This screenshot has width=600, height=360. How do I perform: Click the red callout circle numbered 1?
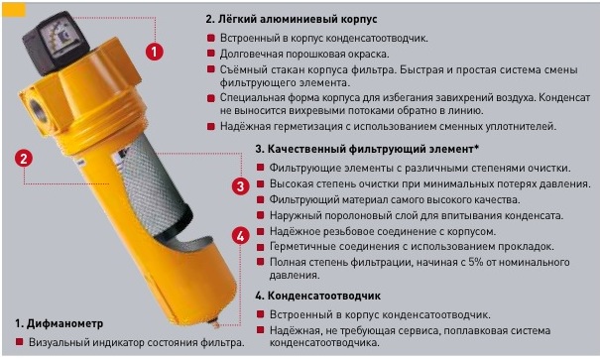pos(155,52)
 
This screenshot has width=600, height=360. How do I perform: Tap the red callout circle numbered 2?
pos(24,158)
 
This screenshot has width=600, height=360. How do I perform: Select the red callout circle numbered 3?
pos(241,186)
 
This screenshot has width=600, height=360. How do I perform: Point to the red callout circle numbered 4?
pos(241,236)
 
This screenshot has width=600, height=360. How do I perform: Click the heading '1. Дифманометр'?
pos(59,323)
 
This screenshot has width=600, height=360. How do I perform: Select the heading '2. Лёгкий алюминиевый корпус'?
pos(292,19)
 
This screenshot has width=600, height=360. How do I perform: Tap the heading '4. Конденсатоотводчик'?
pos(318,296)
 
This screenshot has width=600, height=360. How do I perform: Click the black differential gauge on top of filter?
pos(56,42)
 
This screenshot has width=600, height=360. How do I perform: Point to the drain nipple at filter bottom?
pos(216,324)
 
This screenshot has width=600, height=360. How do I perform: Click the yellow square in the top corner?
pos(14,10)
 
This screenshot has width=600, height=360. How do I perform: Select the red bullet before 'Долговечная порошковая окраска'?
pos(211,54)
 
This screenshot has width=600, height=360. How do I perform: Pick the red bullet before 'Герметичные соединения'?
pos(261,246)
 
